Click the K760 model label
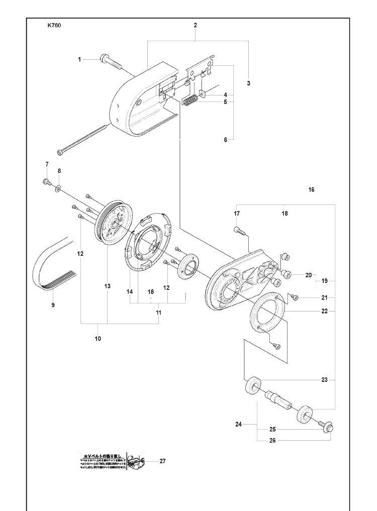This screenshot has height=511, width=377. (x=54, y=26)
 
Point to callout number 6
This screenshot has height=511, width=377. (x=226, y=140)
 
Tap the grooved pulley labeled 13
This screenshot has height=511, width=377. (x=113, y=222)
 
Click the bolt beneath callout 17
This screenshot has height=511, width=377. (x=239, y=231)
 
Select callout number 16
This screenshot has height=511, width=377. (x=312, y=190)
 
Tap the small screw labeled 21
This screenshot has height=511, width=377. (x=295, y=298)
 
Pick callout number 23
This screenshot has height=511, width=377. (x=325, y=380)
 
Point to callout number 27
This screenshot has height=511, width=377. (x=162, y=461)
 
